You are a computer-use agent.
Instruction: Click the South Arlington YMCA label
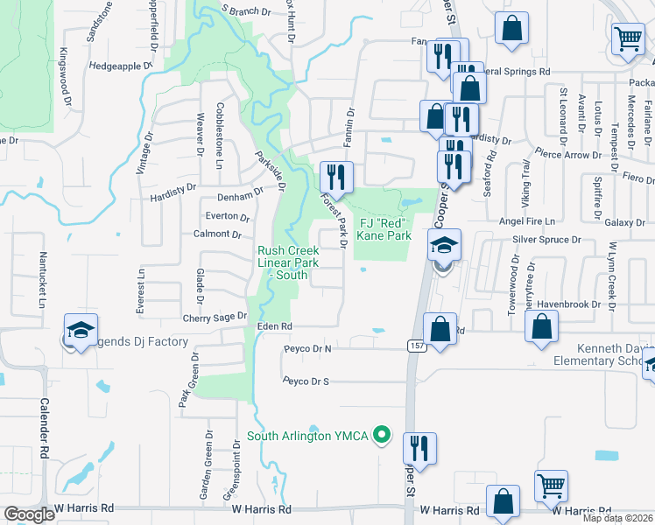tap(308, 436)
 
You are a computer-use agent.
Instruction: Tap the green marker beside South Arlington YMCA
tap(381, 434)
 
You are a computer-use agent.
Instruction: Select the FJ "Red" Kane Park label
tap(385, 229)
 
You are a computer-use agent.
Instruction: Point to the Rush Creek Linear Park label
tap(282, 262)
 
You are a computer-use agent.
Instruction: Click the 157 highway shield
tap(416, 346)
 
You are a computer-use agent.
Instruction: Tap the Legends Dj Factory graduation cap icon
tap(80, 330)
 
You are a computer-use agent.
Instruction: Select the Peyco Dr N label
tap(307, 348)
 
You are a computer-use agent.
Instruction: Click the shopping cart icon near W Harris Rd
tap(551, 486)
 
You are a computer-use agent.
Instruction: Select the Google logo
tap(29, 514)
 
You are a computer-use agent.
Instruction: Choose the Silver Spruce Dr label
tap(547, 240)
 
